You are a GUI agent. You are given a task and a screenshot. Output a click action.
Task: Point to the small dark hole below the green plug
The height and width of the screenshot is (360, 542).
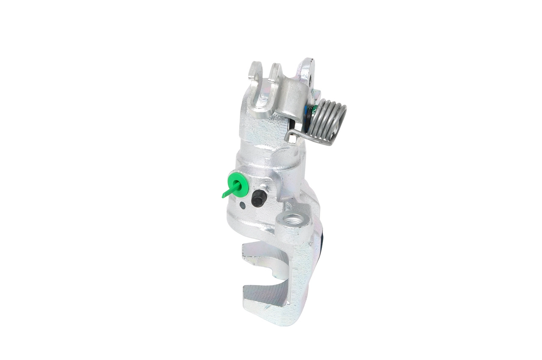point(242,206)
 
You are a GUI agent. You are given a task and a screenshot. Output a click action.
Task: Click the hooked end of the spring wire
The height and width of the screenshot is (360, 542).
point(290,137)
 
